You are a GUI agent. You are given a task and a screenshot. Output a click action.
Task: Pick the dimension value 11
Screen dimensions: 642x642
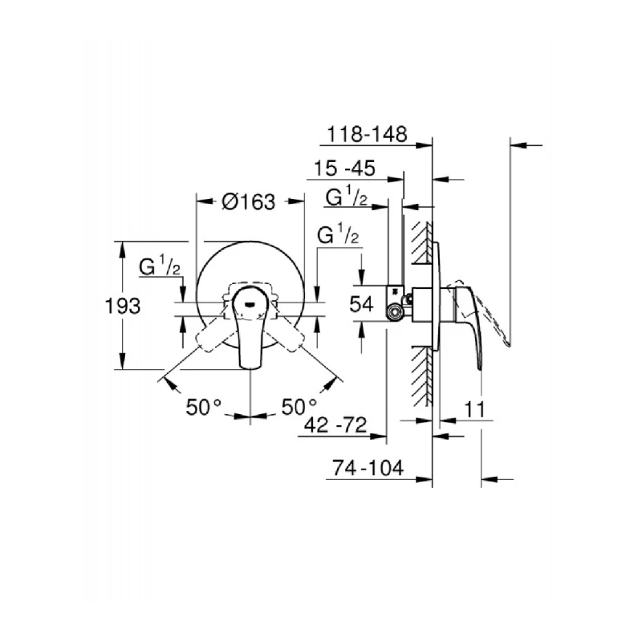(476, 408)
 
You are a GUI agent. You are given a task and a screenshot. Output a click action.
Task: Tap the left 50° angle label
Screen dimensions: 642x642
(204, 406)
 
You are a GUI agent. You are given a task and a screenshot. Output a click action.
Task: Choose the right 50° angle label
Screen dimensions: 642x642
(299, 406)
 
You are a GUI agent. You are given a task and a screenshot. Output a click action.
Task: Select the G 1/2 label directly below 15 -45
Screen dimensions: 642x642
(347, 197)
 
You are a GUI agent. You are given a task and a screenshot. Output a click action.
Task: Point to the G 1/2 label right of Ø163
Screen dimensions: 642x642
(338, 235)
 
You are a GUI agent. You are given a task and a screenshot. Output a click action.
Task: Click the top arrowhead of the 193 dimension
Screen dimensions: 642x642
(122, 247)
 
